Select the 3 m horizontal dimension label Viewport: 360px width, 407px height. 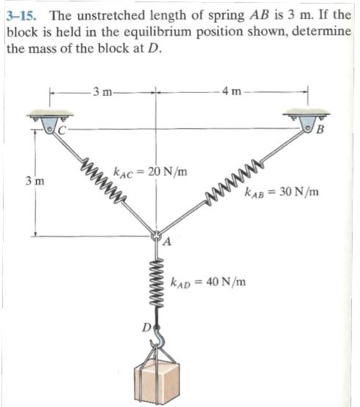coord(101,92)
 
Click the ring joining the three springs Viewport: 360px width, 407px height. coord(155,236)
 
